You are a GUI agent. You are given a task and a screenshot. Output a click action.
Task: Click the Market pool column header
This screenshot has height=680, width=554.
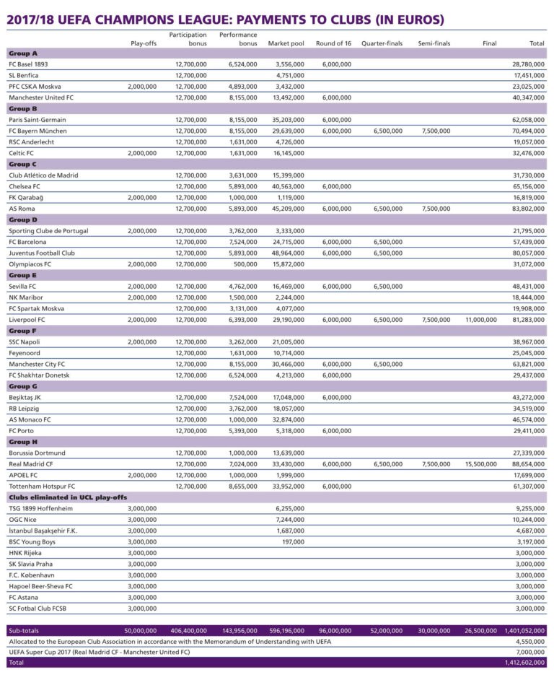point(286,43)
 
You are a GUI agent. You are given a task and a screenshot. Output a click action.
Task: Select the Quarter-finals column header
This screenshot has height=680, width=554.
point(382,43)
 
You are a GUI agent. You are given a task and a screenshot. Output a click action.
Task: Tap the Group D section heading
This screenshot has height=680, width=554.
point(23,219)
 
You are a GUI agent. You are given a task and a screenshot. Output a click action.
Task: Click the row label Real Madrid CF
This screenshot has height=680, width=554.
point(30,463)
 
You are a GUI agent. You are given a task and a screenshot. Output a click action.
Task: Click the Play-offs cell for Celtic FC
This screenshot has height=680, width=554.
point(141,153)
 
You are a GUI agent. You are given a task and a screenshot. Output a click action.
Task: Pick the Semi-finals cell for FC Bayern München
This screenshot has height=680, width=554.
point(434,131)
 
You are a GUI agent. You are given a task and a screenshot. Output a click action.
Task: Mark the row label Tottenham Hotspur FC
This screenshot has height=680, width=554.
point(42,486)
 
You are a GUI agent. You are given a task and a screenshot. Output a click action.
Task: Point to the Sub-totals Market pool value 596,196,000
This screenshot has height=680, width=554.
point(287,629)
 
